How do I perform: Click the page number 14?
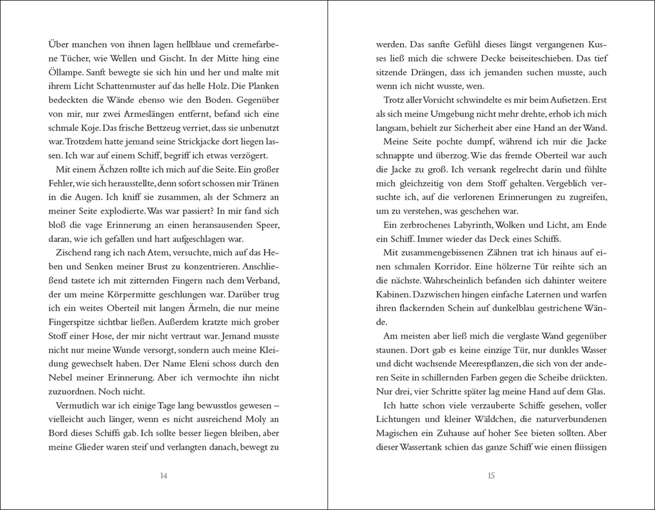click(163, 476)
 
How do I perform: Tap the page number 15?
click(491, 476)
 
